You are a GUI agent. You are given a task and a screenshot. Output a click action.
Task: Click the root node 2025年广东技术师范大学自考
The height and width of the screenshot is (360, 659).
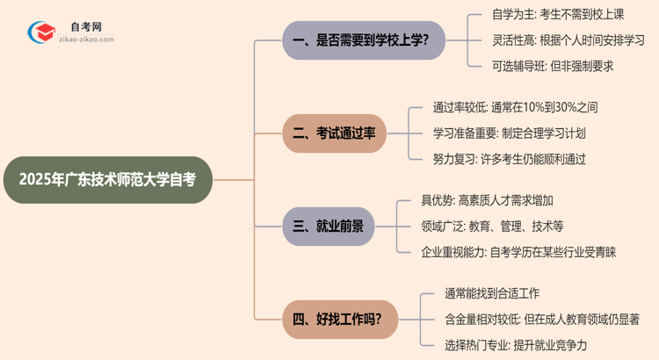click(x=107, y=180)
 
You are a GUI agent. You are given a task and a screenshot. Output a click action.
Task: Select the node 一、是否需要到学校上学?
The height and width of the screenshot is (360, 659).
click(x=364, y=40)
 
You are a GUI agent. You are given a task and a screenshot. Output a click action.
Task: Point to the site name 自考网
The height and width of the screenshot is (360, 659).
click(x=85, y=27)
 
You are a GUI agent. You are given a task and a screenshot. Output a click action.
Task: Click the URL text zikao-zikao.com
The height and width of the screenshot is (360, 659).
click(x=85, y=40)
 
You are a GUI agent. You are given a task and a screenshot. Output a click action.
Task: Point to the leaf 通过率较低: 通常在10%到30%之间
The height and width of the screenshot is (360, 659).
click(x=515, y=108)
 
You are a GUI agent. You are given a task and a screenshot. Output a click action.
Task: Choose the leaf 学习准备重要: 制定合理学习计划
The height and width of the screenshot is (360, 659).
click(x=509, y=133)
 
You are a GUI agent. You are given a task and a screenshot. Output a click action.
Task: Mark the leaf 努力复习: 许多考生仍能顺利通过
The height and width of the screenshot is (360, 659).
click(x=509, y=159)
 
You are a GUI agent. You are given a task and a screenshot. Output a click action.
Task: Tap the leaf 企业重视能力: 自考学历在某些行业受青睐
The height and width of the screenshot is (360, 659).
click(x=518, y=252)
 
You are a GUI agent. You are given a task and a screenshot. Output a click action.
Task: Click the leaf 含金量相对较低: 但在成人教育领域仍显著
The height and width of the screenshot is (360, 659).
click(x=541, y=319)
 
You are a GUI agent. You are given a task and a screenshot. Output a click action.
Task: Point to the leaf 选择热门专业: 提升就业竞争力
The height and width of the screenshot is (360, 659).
click(x=516, y=344)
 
